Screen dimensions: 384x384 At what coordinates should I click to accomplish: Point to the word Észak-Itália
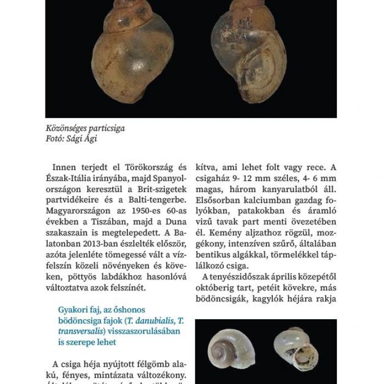pos(70,178)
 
